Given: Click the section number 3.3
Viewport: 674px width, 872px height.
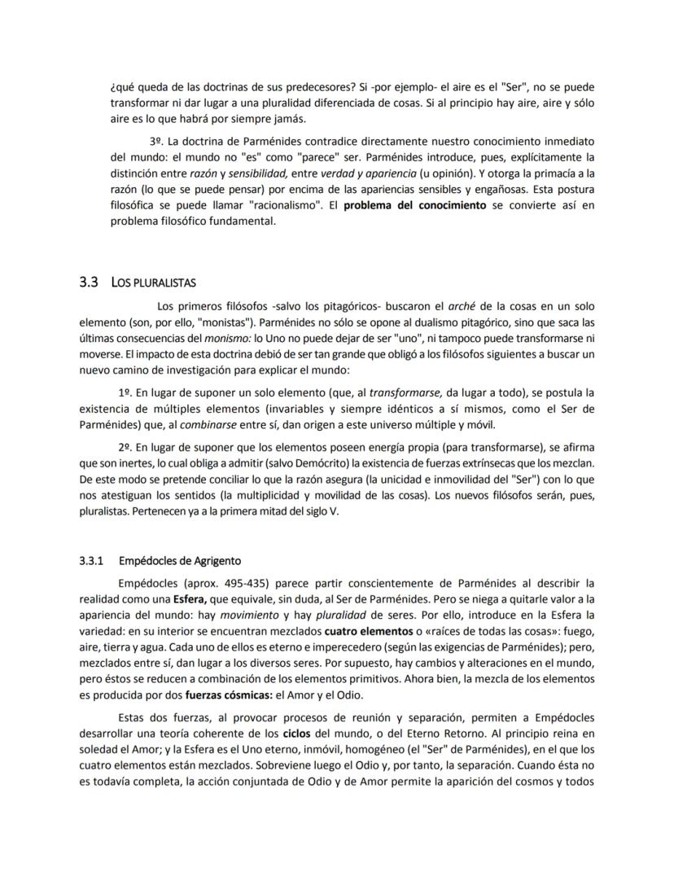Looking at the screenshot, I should click(89, 283).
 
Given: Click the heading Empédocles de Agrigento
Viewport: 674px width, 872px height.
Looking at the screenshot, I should click(180, 561).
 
